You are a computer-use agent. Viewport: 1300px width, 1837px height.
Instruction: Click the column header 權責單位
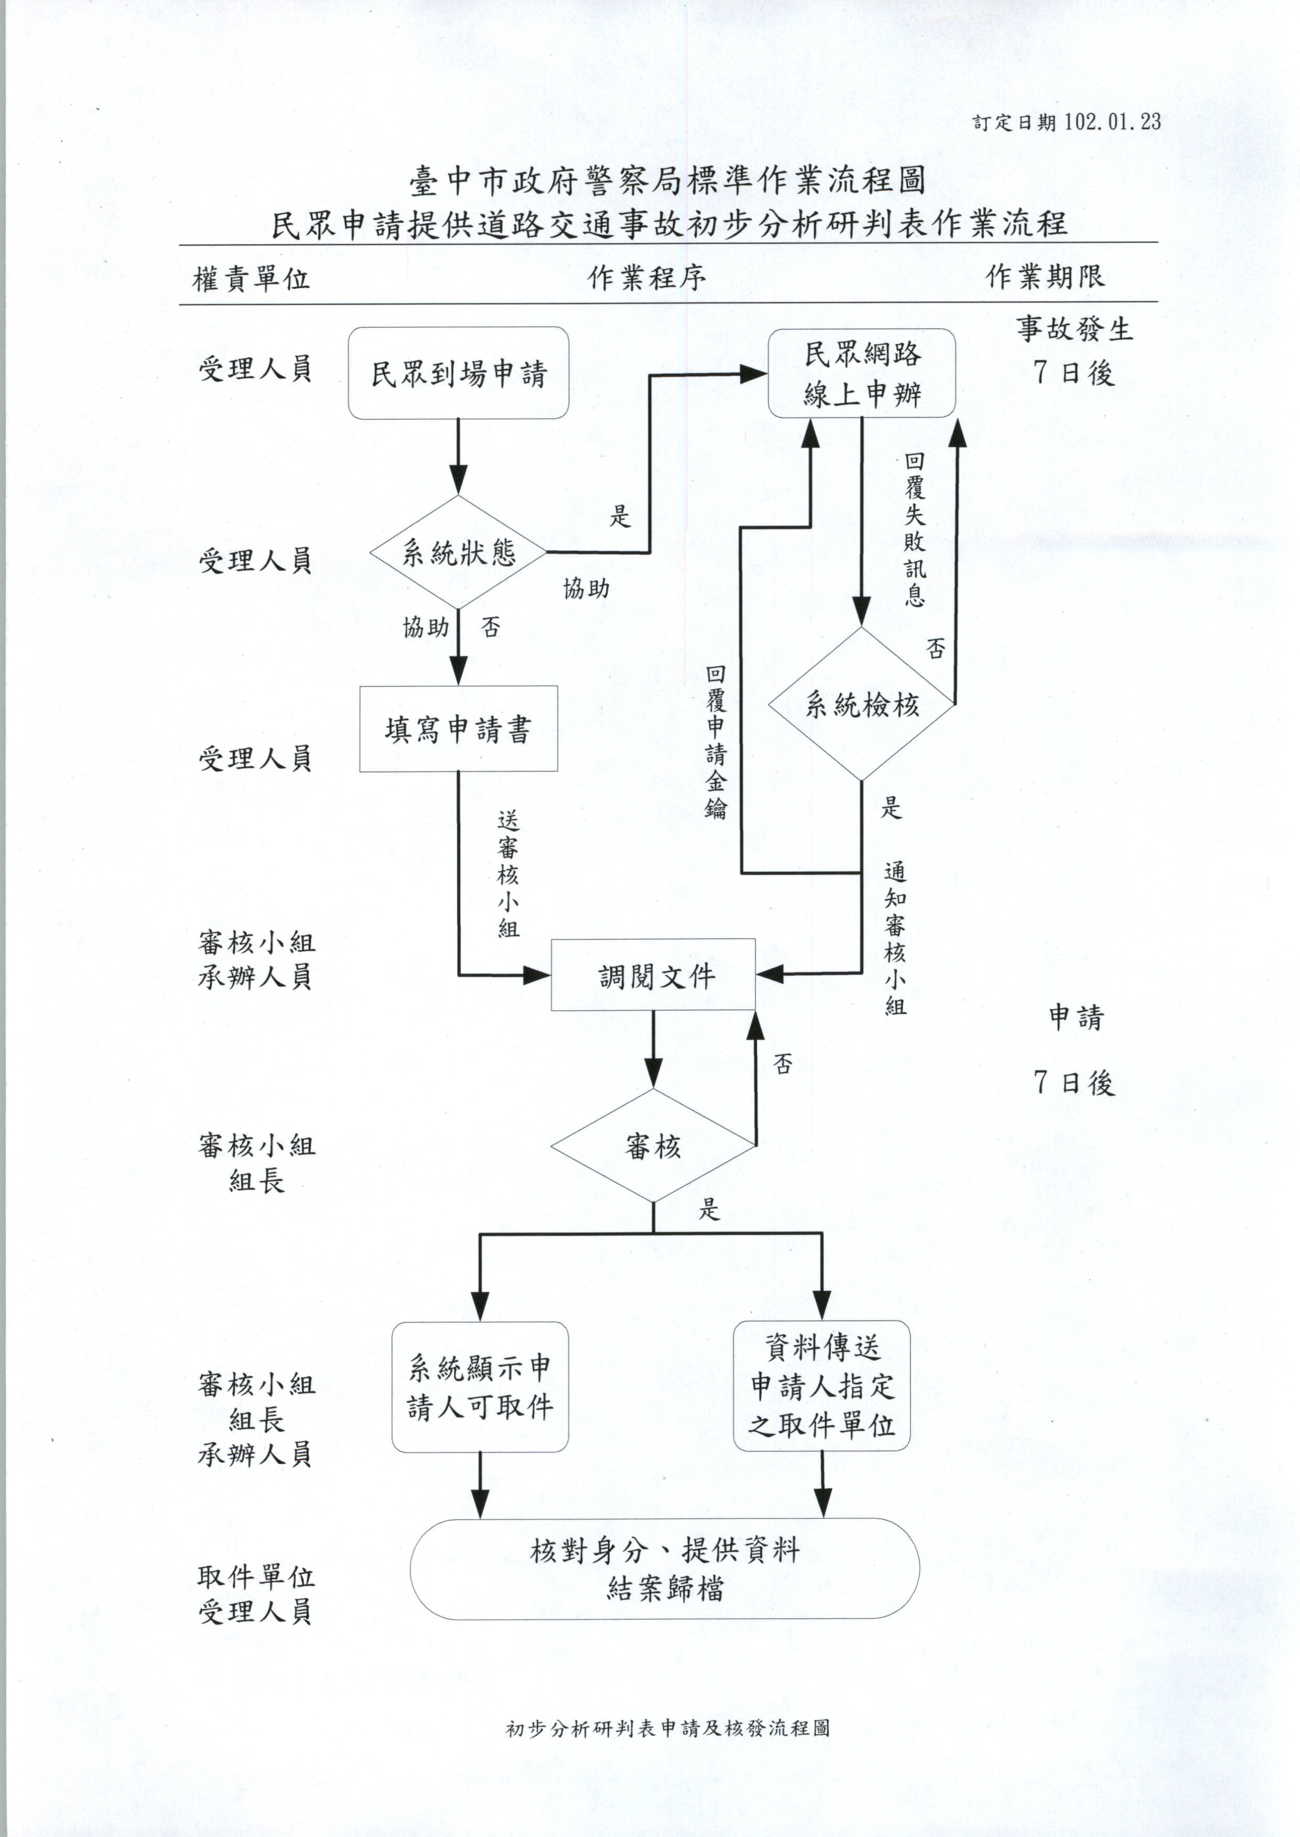(x=251, y=278)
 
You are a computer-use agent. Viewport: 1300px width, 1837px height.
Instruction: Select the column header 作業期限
(x=1045, y=277)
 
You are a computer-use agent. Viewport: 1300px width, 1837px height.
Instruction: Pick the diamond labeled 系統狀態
(x=458, y=552)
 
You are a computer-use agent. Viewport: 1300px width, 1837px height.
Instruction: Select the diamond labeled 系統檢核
(x=861, y=705)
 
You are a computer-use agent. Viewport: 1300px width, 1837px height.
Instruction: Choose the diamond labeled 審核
(x=653, y=1146)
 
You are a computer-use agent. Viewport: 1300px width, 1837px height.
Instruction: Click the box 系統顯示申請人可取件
(x=480, y=1387)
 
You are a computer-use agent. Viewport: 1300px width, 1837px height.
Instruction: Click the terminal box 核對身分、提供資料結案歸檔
(x=664, y=1569)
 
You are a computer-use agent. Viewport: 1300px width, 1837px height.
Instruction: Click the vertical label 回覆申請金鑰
(x=716, y=741)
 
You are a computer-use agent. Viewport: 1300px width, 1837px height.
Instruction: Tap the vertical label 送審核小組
(x=507, y=873)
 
